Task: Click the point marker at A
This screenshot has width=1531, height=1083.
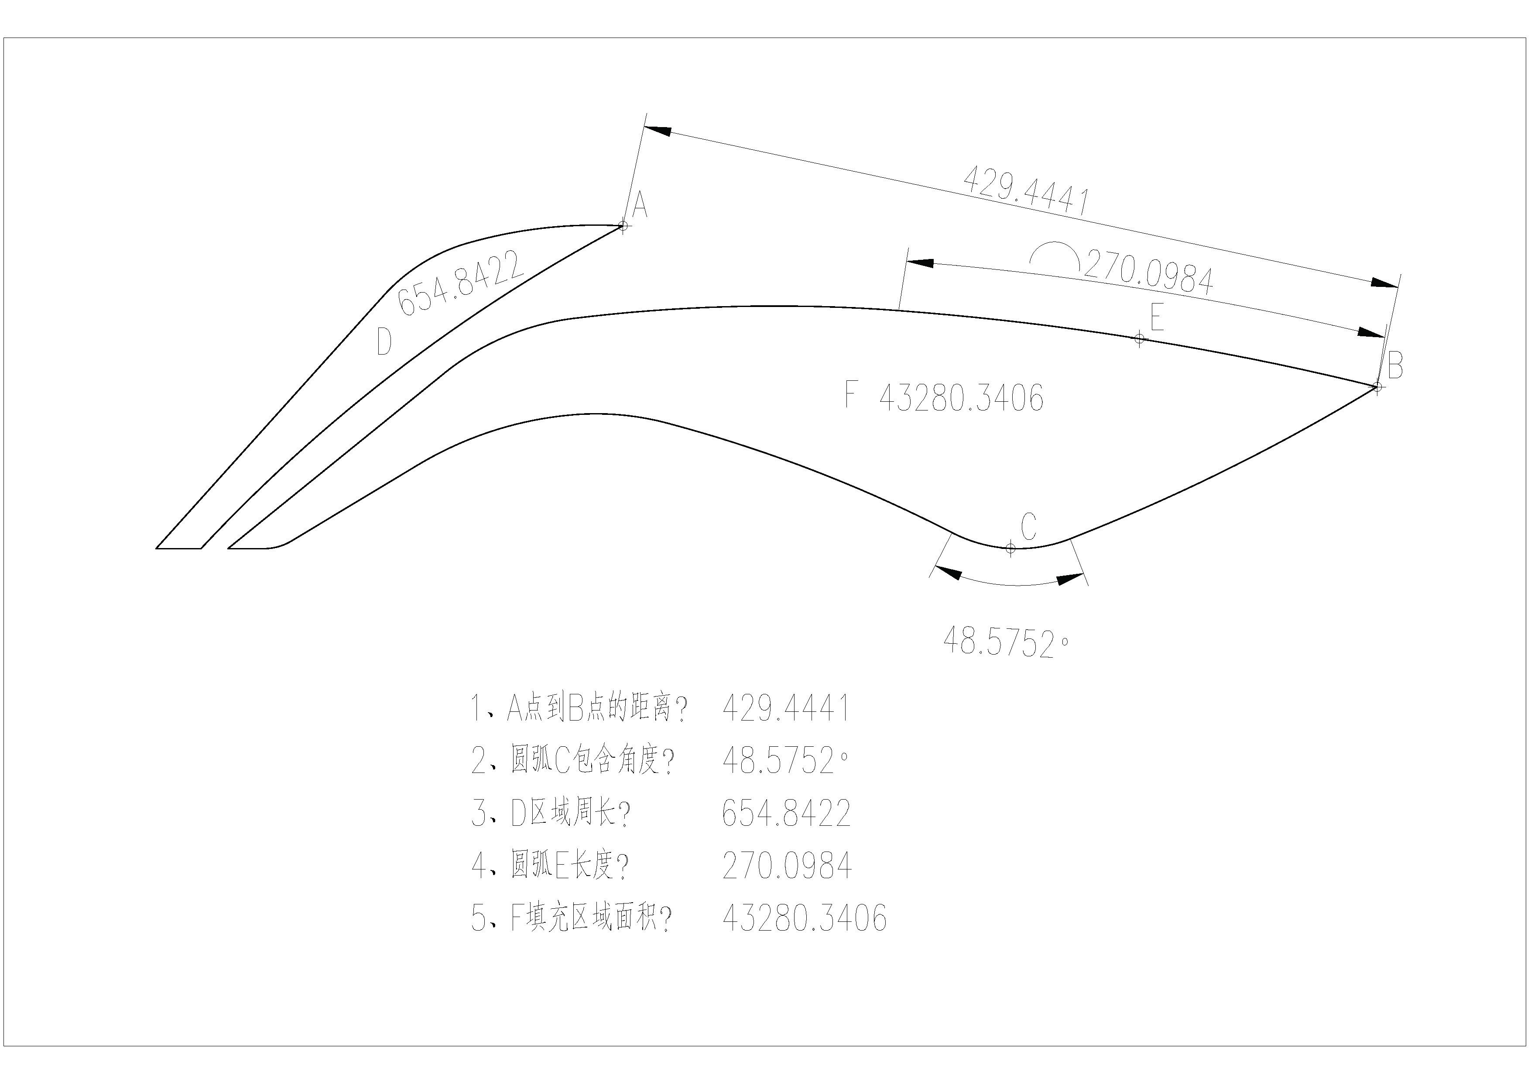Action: pyautogui.click(x=623, y=225)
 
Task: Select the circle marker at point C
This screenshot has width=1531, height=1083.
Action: pyautogui.click(x=1010, y=548)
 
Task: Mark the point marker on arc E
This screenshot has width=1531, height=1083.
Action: pyautogui.click(x=1140, y=339)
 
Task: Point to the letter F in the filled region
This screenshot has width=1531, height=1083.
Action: pyautogui.click(x=850, y=394)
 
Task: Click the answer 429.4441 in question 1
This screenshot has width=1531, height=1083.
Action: pyautogui.click(x=787, y=708)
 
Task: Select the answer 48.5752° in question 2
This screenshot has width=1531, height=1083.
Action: pyautogui.click(x=785, y=761)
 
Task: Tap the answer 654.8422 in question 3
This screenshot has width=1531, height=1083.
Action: pyautogui.click(x=787, y=813)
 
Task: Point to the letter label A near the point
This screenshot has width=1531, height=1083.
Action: pyautogui.click(x=640, y=204)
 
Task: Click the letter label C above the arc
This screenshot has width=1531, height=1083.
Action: pyautogui.click(x=1029, y=527)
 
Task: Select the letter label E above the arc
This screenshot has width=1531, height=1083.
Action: pyautogui.click(x=1157, y=317)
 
